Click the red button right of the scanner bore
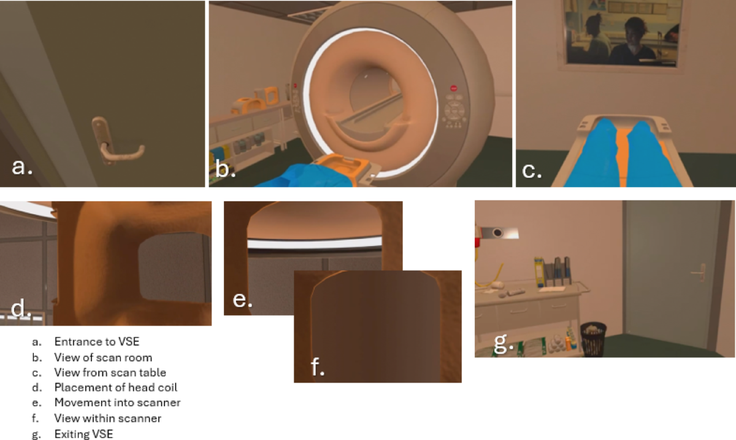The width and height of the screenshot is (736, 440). (453, 88)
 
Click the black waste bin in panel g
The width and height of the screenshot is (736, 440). (593, 339)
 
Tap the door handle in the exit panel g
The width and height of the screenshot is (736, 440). (699, 272)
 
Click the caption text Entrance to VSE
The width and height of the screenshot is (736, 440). (97, 342)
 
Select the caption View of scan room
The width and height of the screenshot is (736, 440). (103, 357)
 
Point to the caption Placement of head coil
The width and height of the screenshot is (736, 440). (116, 387)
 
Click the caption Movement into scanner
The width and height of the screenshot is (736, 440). (117, 403)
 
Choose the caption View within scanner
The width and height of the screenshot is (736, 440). (108, 419)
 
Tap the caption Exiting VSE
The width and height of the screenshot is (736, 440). (84, 434)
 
